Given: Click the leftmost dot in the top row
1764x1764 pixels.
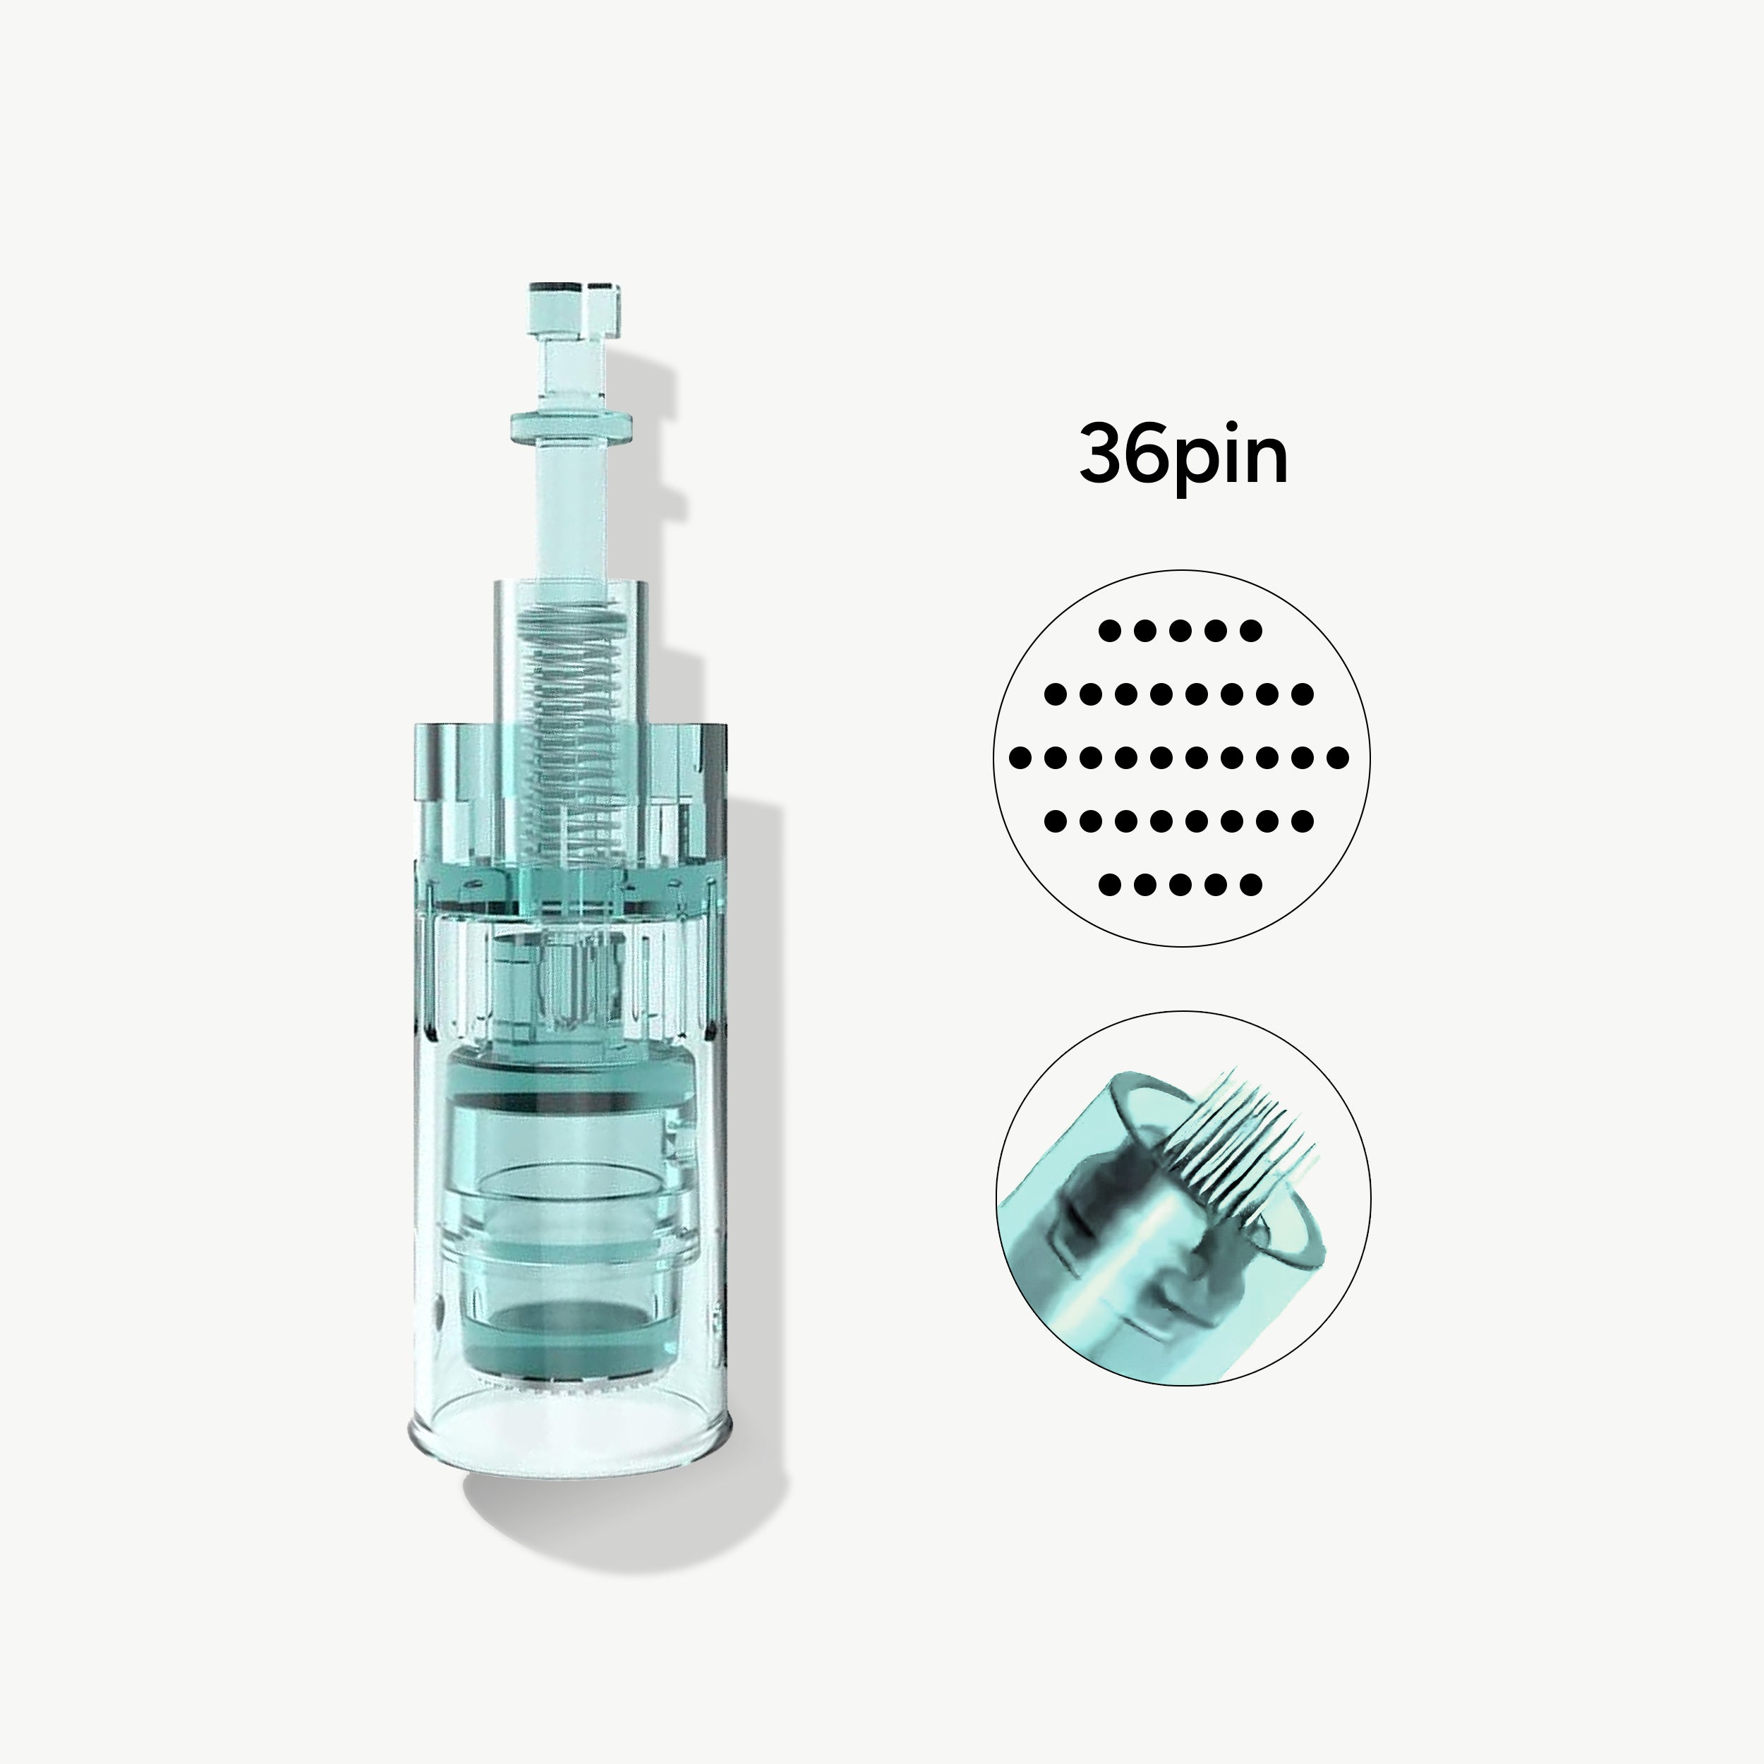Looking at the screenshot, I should point(1109,631).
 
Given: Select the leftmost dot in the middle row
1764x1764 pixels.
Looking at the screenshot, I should point(1021,757).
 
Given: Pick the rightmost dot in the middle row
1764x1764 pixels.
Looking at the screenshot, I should point(1339,757).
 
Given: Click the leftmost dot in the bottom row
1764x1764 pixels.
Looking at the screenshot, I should point(1109,884).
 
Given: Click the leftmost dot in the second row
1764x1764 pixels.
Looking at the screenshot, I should point(1056,694).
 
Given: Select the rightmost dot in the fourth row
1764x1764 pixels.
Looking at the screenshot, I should point(1304,821).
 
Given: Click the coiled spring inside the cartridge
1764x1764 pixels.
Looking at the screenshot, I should point(572,721).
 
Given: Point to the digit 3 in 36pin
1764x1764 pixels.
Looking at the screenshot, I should point(1102,454).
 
